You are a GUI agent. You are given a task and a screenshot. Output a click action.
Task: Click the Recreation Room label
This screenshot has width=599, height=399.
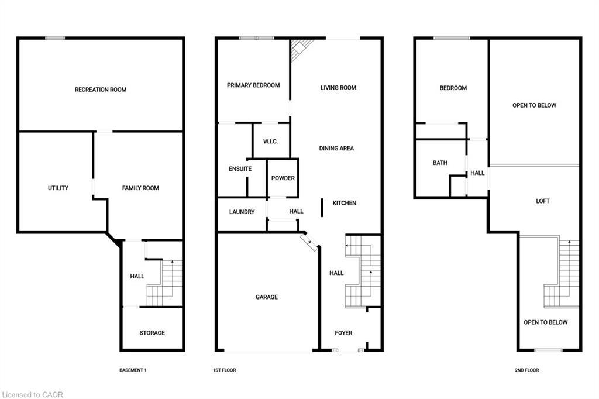pos(101,90)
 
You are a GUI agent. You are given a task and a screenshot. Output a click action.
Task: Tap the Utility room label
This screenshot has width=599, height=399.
pos(58,188)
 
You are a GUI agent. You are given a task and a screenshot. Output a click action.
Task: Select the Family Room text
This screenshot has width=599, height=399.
pos(140,188)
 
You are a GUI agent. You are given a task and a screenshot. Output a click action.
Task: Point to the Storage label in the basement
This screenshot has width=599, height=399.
pos(152,333)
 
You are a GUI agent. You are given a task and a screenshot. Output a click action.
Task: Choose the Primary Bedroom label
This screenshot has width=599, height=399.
pos(253,85)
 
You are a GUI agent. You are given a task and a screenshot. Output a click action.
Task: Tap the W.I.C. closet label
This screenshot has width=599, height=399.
pos(270,141)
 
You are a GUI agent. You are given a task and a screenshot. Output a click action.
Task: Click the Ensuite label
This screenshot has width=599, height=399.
pos(240,169)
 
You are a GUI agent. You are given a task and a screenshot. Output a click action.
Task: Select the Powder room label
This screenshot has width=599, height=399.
pos(283,178)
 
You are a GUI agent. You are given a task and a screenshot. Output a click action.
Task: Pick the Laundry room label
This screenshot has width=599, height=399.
pos(242,212)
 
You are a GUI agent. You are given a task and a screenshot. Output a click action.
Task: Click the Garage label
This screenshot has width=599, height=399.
pos(266,297)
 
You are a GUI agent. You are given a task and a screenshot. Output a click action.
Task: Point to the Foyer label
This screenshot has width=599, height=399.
pos(343,333)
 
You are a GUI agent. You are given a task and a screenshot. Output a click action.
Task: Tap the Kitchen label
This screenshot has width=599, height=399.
pos(345,203)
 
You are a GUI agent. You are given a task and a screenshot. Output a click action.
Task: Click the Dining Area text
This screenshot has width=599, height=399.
pos(336,149)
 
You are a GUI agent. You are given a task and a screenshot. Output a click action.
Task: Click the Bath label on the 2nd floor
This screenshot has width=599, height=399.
pos(440,163)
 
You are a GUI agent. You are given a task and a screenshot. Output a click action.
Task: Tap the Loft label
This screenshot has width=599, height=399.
pos(543,201)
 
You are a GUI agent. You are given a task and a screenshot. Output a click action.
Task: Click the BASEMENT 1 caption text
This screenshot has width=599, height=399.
pos(133,370)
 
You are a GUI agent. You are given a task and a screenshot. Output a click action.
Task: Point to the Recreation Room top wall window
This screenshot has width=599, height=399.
pos(55,38)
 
